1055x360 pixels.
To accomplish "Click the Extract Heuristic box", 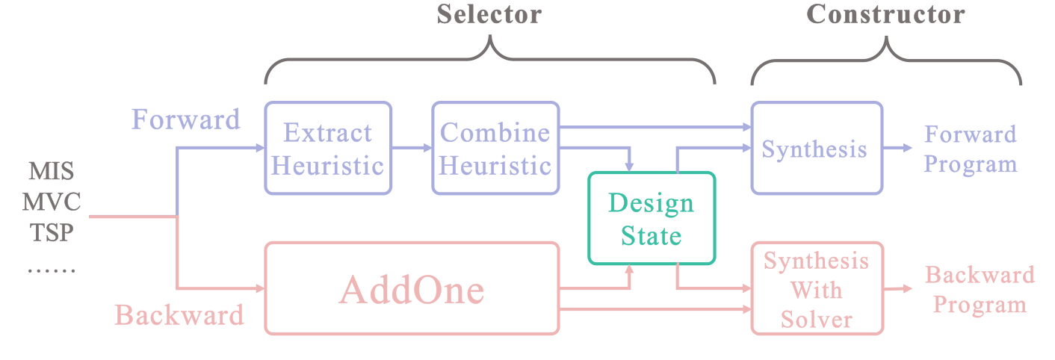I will [328, 149].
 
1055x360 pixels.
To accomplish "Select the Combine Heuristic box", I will [495, 149].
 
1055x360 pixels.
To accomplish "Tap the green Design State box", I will [652, 218].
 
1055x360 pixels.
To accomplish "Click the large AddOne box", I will [412, 288].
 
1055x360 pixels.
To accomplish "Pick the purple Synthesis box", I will [816, 149].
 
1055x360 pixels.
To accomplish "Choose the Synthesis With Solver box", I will [817, 288].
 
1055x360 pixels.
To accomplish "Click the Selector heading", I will [489, 13].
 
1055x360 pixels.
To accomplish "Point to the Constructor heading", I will [885, 13].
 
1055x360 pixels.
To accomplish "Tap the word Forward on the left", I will [186, 120].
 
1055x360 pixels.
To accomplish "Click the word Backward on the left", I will [179, 314].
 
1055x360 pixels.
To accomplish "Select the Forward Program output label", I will [971, 149].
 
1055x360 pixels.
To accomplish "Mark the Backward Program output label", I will [980, 289].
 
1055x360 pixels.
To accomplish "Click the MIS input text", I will [52, 172].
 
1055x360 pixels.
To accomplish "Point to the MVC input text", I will [52, 202].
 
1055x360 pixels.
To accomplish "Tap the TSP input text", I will [52, 233].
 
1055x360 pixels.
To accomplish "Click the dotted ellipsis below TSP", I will [52, 267].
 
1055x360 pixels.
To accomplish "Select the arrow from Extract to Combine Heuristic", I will [411, 149].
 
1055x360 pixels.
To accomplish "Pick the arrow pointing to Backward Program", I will [899, 289].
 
